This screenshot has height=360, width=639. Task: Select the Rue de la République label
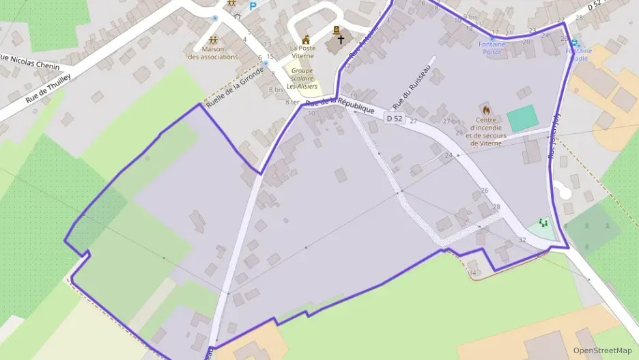tap(340, 107)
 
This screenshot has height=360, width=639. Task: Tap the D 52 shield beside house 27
tap(395, 118)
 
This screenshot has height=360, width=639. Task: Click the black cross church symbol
tap(341, 40)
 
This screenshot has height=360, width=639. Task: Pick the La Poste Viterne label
tap(302, 51)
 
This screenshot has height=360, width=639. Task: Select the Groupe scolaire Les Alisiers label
tap(300, 79)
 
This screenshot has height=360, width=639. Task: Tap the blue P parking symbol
tap(253, 6)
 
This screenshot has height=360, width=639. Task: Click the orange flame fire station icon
tap(486, 109)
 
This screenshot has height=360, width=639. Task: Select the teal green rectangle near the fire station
tap(523, 119)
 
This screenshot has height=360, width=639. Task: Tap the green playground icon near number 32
tap(543, 223)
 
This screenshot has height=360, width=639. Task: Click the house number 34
tap(472, 273)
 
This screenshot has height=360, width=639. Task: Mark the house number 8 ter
tap(292, 102)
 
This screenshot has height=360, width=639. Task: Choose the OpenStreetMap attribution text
tap(602, 350)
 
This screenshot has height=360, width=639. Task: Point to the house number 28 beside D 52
tap(496, 206)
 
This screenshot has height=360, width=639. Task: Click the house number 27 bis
tap(451, 121)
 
